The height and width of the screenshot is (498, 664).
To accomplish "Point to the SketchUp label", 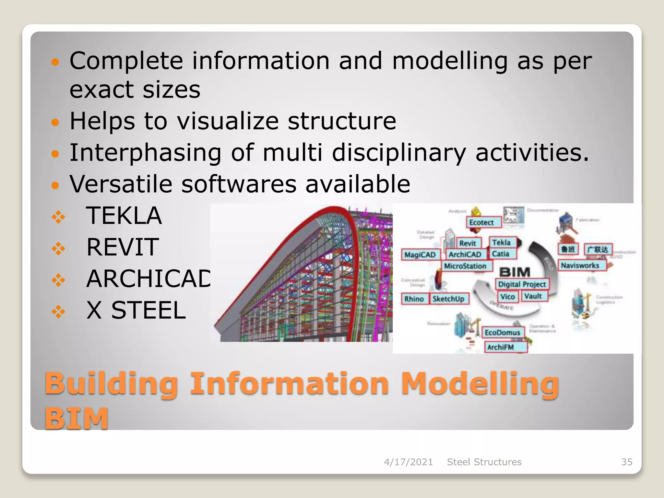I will point(449,299).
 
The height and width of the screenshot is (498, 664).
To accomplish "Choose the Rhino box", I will point(414,299).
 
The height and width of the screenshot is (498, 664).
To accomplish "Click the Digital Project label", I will point(522,284).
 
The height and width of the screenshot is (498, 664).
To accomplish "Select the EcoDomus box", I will point(503,332).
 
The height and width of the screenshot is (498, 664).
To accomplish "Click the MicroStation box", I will point(466,266).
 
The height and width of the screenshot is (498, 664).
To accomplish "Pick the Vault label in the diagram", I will point(533,296).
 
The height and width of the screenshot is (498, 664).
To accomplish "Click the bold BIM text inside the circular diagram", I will point(515,272).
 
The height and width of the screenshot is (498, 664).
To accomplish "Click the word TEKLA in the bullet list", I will point(124,216).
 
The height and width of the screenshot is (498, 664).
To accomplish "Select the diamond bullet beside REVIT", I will point(58,249).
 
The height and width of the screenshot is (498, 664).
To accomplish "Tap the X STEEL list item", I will point(136,310).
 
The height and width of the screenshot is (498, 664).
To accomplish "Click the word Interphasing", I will point(145,153).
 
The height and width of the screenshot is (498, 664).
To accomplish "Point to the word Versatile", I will point(121,184).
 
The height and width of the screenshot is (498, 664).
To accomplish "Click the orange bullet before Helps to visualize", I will point(56,122).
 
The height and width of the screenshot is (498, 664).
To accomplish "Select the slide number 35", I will point(626,462).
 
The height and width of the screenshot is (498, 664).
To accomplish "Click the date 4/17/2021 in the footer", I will point(408,462).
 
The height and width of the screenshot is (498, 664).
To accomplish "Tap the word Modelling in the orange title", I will point(480,384).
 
